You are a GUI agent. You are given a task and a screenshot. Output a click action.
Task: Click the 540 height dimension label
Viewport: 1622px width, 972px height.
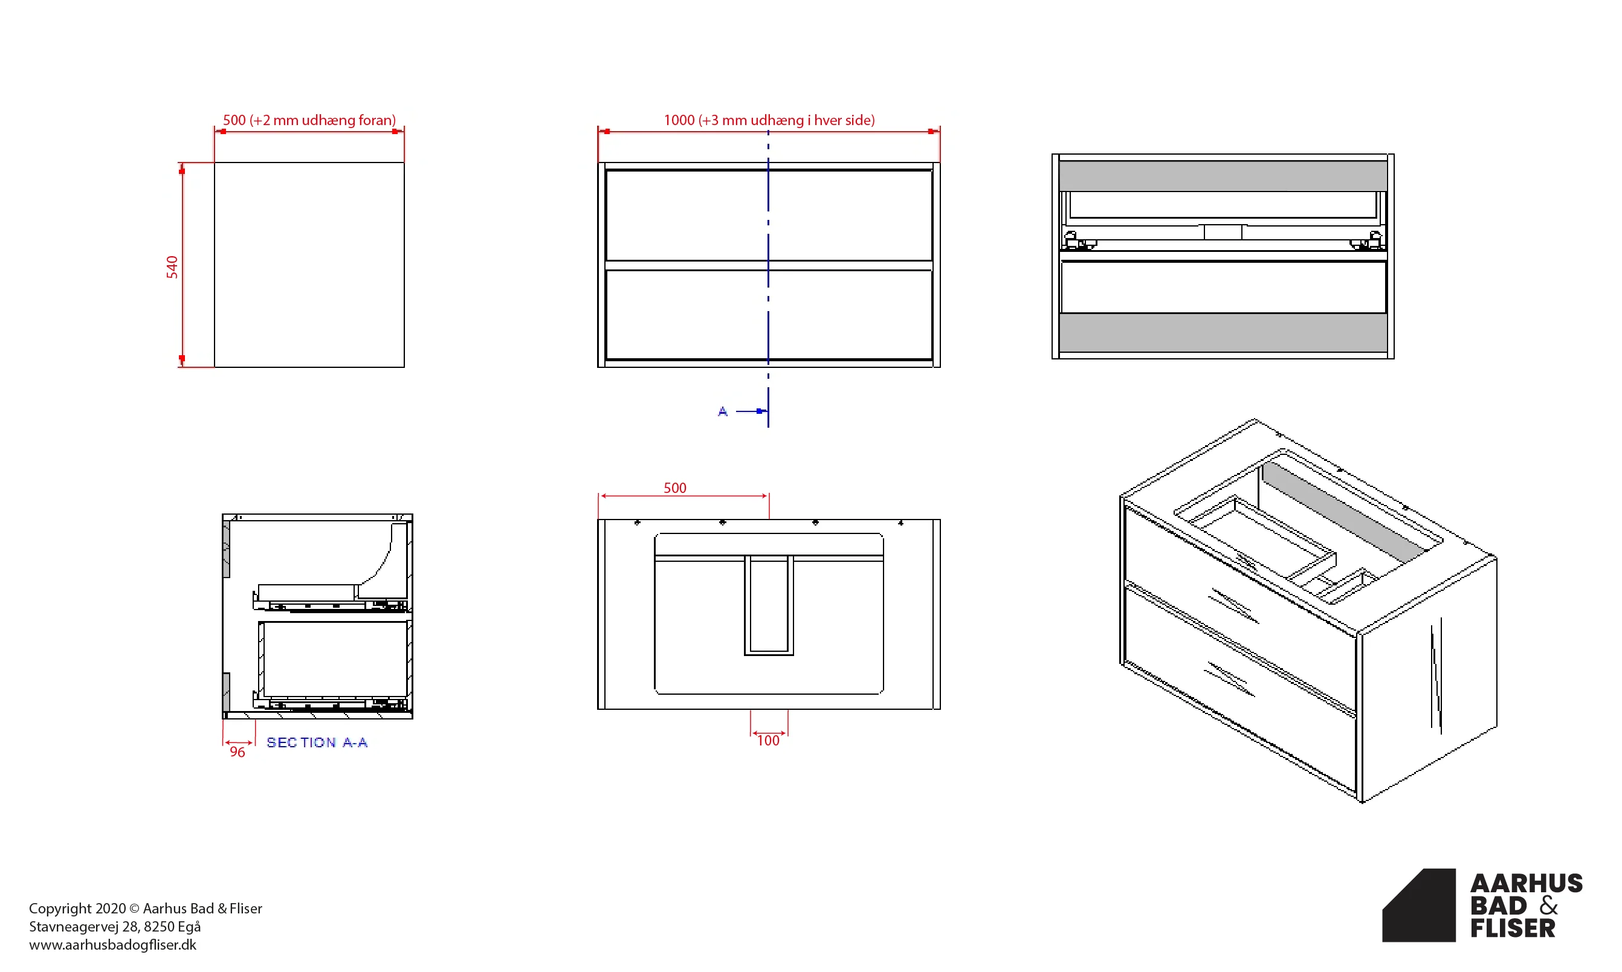(172, 267)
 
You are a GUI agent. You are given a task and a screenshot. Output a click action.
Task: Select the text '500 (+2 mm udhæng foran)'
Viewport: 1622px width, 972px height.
(309, 120)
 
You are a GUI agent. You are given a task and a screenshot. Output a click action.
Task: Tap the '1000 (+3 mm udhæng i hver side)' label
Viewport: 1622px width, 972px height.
(769, 120)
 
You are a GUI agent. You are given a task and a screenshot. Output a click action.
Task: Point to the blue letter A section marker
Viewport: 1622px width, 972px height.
(723, 411)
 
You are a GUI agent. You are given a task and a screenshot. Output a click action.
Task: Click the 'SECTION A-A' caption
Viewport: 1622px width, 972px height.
(317, 742)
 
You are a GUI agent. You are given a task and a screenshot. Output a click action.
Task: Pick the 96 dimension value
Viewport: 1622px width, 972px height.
(237, 752)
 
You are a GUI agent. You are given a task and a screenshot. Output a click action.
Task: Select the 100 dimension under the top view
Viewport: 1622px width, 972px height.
(769, 741)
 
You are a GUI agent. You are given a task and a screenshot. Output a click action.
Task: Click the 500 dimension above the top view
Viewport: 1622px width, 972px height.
(675, 488)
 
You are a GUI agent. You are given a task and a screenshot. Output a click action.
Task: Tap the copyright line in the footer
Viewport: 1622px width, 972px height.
(146, 909)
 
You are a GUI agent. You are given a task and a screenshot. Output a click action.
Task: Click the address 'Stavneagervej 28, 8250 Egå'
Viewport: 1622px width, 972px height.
(115, 926)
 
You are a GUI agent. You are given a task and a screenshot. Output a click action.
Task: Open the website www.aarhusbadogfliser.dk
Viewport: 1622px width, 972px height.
(112, 944)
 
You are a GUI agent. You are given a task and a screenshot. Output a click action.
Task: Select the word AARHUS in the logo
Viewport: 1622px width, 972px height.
(1527, 884)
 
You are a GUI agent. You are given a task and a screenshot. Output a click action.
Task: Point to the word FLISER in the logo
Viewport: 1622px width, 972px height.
(1513, 928)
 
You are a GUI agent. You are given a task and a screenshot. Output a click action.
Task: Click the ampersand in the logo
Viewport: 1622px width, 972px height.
(1549, 906)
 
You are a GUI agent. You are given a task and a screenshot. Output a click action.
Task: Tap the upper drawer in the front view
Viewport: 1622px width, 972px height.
(769, 216)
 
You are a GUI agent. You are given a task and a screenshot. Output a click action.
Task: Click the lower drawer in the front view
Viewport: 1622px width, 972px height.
(769, 315)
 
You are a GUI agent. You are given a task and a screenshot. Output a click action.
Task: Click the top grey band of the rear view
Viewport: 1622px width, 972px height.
(1223, 176)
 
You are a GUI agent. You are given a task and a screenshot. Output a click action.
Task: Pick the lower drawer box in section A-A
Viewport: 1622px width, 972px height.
(335, 659)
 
